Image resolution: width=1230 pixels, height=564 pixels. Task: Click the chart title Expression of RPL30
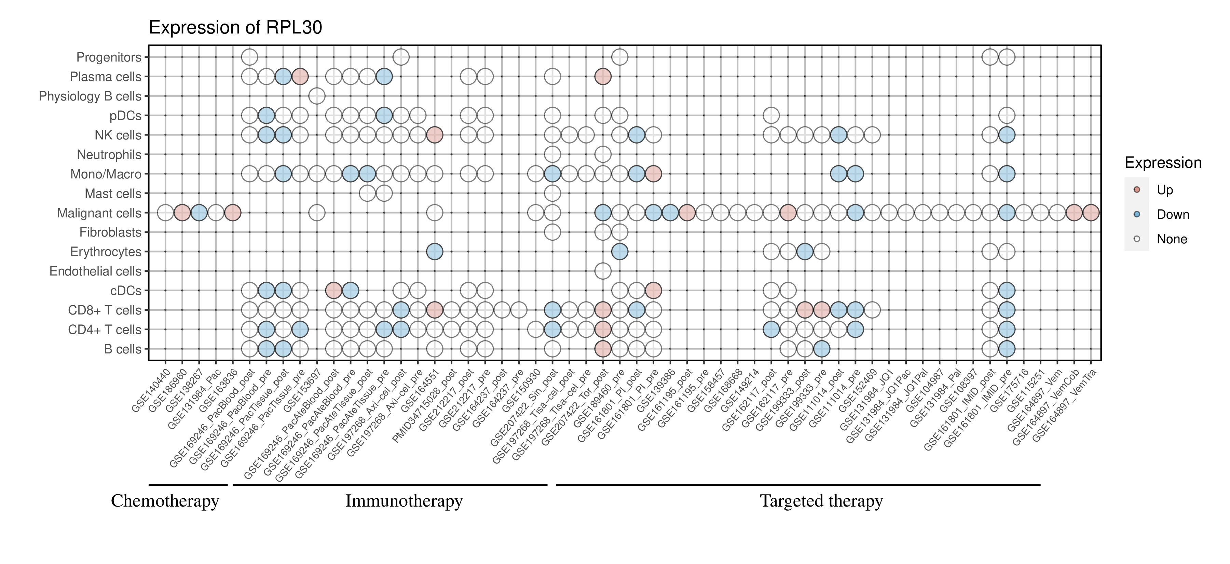click(235, 28)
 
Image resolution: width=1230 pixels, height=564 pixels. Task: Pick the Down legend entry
click(1172, 214)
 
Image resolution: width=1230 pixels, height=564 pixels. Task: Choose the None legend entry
click(1171, 239)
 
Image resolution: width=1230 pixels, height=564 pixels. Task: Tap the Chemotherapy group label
click(165, 501)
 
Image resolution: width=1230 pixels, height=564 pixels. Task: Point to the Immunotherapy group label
click(404, 501)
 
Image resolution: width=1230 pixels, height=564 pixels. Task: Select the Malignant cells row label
click(99, 213)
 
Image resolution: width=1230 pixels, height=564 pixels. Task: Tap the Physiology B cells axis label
click(90, 96)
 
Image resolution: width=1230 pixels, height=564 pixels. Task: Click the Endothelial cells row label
click(96, 271)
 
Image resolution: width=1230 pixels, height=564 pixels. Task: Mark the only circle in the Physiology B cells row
click(317, 96)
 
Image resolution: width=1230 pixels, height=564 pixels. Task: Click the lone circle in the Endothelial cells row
click(603, 271)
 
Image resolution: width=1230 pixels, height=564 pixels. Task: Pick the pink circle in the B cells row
click(603, 349)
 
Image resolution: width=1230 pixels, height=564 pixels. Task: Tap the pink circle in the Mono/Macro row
click(653, 174)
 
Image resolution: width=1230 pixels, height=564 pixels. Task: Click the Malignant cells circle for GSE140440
click(165, 213)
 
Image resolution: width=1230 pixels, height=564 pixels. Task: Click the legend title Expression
click(1163, 163)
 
